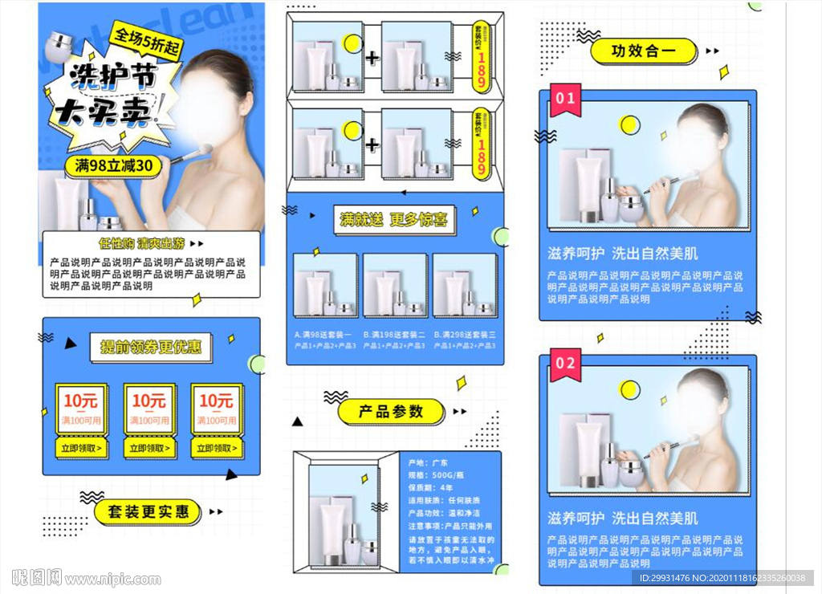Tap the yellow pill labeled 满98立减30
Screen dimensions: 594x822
point(113,165)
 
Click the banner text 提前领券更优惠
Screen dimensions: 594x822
point(151,348)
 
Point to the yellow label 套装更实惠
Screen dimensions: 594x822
point(149,511)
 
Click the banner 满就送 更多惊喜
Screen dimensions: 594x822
point(394,219)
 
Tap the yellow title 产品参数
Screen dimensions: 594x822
point(390,412)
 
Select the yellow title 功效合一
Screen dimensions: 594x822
point(643,51)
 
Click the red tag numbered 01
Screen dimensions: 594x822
point(565,99)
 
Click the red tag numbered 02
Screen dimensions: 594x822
point(565,364)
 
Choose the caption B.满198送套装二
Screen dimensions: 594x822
point(393,334)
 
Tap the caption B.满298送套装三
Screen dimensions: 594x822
point(464,334)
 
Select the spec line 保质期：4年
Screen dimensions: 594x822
point(432,487)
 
